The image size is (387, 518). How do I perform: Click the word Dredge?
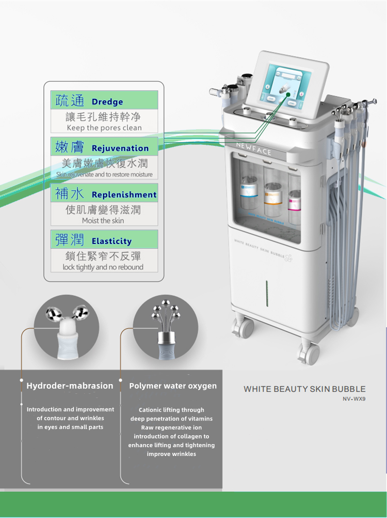[x=107, y=102]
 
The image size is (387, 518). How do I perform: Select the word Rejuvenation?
[x=120, y=148]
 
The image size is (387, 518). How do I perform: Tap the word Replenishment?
[x=124, y=195]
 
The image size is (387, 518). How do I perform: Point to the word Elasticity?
[x=111, y=241]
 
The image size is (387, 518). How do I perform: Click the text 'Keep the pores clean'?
[x=104, y=128]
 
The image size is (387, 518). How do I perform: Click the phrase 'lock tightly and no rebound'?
[x=103, y=267]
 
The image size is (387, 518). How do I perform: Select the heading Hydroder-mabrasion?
[x=70, y=386]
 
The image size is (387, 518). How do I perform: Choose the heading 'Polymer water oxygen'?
[x=173, y=386]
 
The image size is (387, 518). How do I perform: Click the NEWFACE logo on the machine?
[x=253, y=148]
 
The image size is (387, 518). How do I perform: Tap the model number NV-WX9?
[x=354, y=399]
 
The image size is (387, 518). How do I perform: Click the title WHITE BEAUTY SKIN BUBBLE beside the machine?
[x=304, y=389]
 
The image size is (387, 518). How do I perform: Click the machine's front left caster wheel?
[x=243, y=328]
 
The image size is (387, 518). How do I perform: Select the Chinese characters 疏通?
[x=69, y=100]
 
